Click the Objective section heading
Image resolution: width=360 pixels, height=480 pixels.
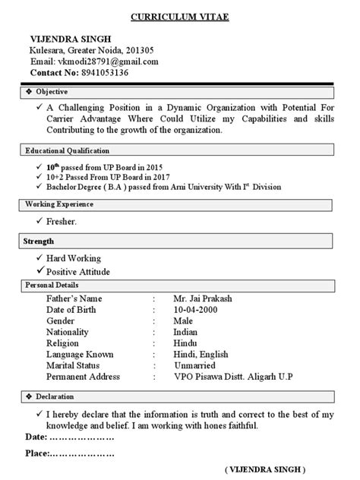click(x=53, y=91)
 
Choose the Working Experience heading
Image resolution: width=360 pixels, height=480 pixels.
click(x=59, y=205)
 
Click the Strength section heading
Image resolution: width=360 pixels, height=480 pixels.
click(x=39, y=242)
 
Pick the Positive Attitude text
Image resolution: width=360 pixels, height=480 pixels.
click(x=78, y=271)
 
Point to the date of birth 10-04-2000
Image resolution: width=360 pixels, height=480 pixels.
click(x=199, y=310)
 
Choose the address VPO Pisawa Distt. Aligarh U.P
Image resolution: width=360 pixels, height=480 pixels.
click(x=232, y=377)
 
